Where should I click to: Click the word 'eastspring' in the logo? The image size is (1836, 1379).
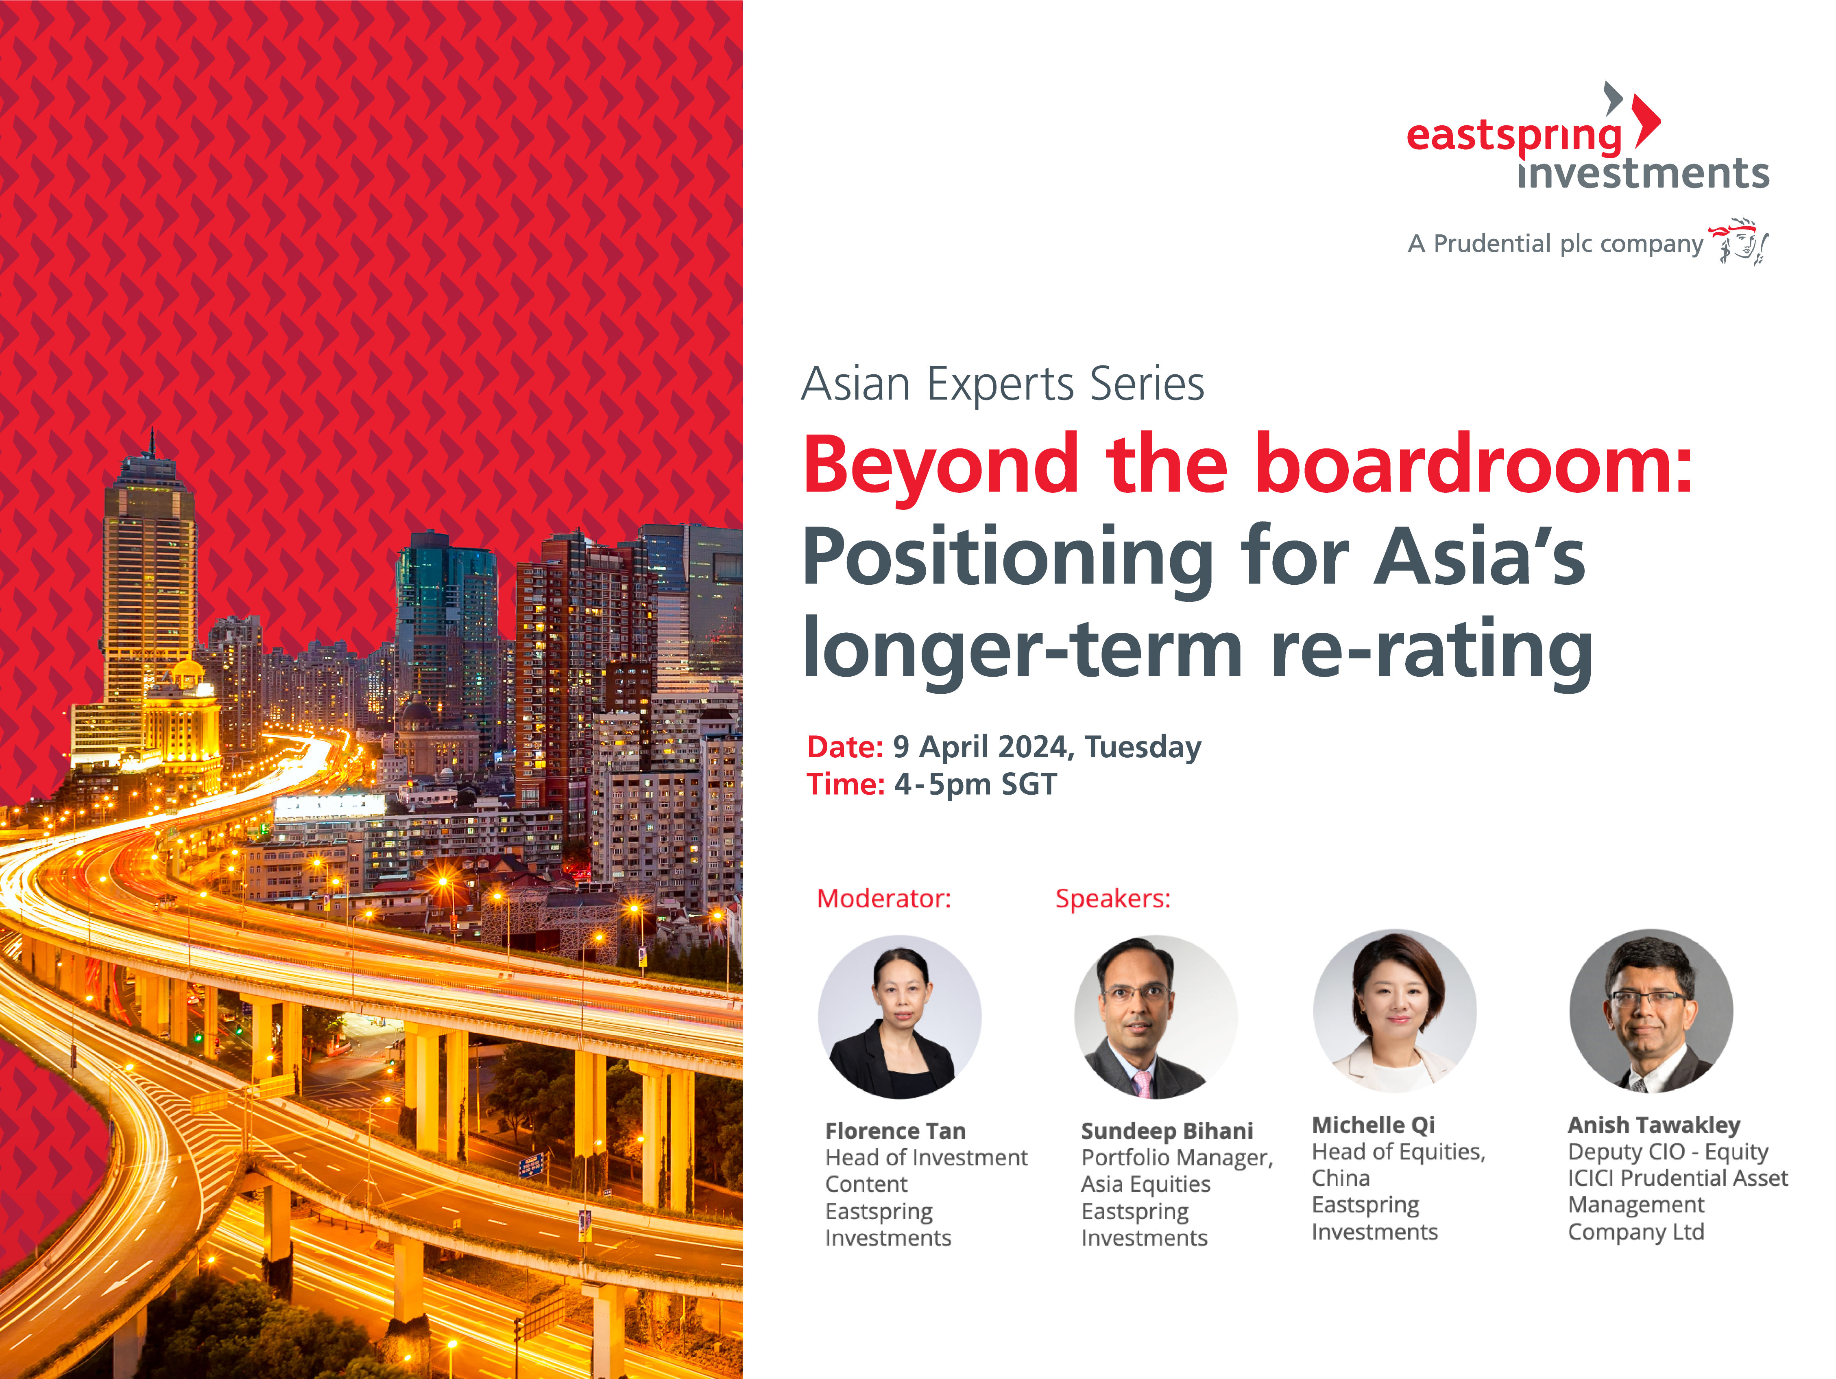pos(1513,135)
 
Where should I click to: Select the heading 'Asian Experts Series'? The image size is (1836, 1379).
pos(1002,385)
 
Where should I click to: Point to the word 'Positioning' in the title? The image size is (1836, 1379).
pos(1007,559)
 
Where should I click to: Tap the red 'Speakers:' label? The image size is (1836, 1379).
pos(1112,898)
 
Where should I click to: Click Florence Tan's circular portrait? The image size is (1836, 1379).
pos(900,1017)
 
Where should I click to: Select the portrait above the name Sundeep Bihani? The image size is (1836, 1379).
pos(1156,1017)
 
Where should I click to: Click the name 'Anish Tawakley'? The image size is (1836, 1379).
pos(1653,1125)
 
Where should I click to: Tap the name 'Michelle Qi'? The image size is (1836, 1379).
pos(1373,1125)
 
